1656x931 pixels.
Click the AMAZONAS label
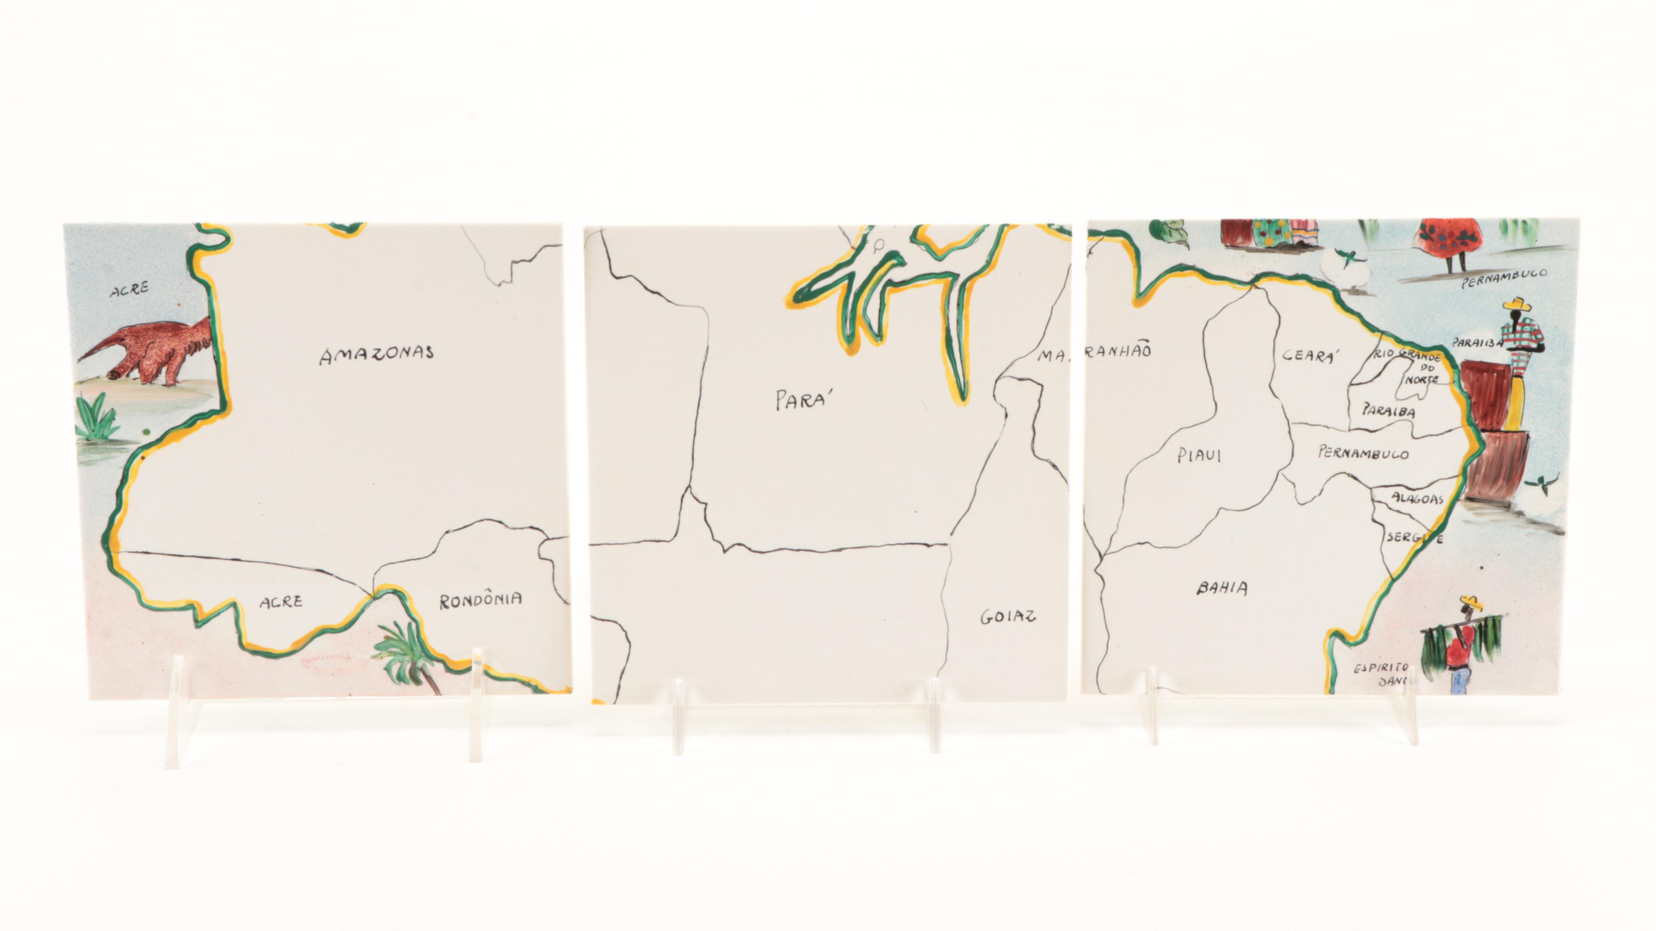[x=377, y=354]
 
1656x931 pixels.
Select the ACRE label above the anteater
[x=129, y=290]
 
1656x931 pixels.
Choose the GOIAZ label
[x=1008, y=617]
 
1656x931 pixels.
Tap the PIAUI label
[x=1199, y=456]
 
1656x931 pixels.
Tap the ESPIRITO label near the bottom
[x=1381, y=667]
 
